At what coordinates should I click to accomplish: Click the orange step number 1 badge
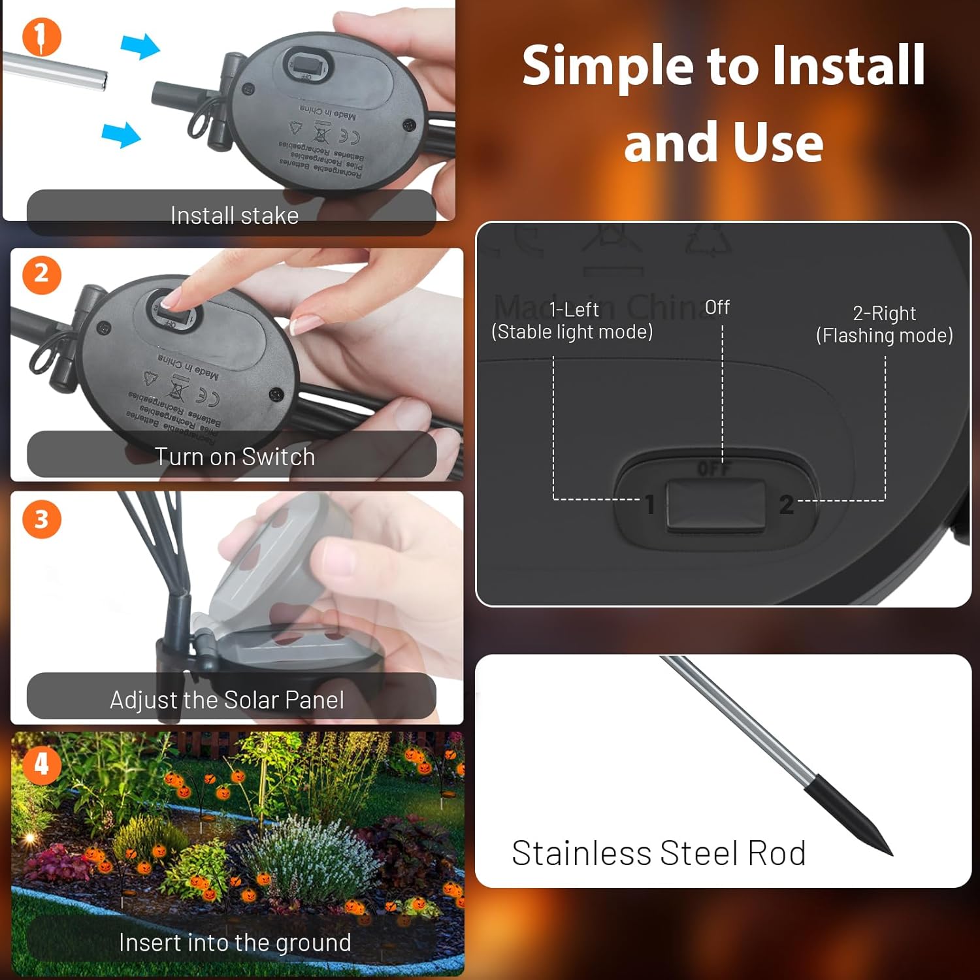click(x=41, y=37)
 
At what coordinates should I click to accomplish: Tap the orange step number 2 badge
click(x=41, y=274)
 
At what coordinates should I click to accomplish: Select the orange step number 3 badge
click(x=41, y=519)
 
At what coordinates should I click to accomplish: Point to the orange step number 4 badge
click(x=41, y=764)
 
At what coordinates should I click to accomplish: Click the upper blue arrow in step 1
click(x=140, y=46)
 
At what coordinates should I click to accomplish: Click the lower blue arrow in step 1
click(x=122, y=135)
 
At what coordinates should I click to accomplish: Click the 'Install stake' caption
click(x=234, y=216)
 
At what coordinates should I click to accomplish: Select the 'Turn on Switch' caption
click(x=234, y=457)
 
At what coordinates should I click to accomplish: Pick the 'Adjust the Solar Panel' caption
click(x=227, y=700)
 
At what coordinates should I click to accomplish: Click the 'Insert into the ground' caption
click(x=235, y=943)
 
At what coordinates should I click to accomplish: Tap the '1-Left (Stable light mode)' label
click(x=572, y=321)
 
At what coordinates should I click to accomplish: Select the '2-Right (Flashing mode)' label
click(x=884, y=324)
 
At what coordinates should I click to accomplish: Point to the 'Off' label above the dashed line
click(x=717, y=307)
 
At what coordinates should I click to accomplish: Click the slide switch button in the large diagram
click(x=715, y=504)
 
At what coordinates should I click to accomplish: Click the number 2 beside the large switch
click(x=786, y=505)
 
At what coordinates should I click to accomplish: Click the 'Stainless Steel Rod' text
click(x=658, y=853)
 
